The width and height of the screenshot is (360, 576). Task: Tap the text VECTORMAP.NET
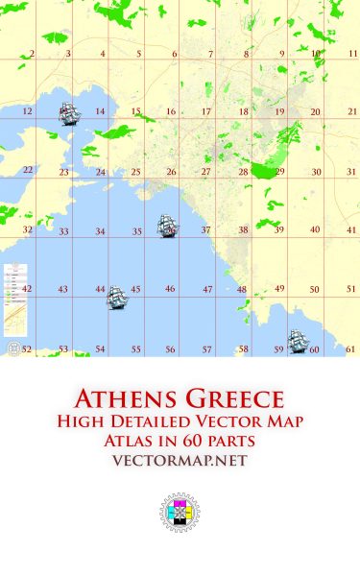pyautogui.click(x=180, y=461)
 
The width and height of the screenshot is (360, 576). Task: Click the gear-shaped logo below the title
pyautogui.click(x=179, y=516)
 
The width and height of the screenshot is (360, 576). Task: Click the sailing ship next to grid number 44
pyautogui.click(x=116, y=297)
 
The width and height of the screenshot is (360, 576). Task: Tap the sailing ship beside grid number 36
pyautogui.click(x=169, y=227)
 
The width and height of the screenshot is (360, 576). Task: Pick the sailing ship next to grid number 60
pyautogui.click(x=298, y=341)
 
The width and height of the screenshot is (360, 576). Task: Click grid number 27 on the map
pyautogui.click(x=205, y=172)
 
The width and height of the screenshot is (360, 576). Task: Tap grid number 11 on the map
pyautogui.click(x=353, y=55)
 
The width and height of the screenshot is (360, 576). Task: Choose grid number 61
pyautogui.click(x=351, y=349)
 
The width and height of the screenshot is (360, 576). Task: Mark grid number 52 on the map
pyautogui.click(x=27, y=349)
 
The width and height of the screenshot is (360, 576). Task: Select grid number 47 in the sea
pyautogui.click(x=206, y=289)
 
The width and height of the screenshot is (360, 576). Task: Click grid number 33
pyautogui.click(x=63, y=231)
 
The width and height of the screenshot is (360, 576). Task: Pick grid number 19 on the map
pyautogui.click(x=279, y=112)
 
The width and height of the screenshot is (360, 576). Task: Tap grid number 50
pyautogui.click(x=314, y=289)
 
